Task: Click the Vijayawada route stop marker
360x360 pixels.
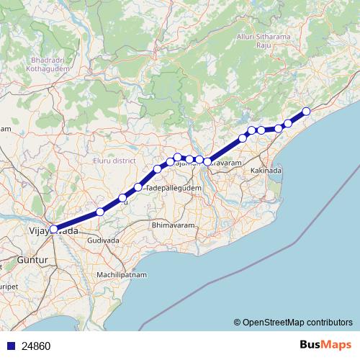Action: [53, 229]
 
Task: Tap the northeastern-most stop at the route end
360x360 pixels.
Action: [306, 111]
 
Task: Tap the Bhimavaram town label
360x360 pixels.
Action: [173, 225]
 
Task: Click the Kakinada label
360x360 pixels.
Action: [266, 171]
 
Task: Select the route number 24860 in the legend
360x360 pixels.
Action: [36, 346]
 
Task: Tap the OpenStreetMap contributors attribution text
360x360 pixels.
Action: [293, 323]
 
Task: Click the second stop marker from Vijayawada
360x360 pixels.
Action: [100, 212]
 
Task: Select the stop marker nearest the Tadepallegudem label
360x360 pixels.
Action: [138, 187]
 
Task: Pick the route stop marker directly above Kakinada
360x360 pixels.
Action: [261, 130]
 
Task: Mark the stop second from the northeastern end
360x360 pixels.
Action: [288, 123]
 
